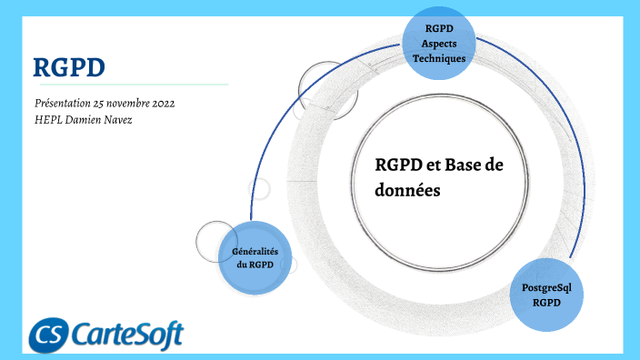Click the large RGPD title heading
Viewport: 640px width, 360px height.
pos(69,66)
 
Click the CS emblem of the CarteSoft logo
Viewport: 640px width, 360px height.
pos(47,335)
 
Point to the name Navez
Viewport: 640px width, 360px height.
pos(115,120)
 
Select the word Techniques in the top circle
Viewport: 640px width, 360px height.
pos(439,57)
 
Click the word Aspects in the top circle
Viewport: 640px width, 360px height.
pos(439,43)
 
